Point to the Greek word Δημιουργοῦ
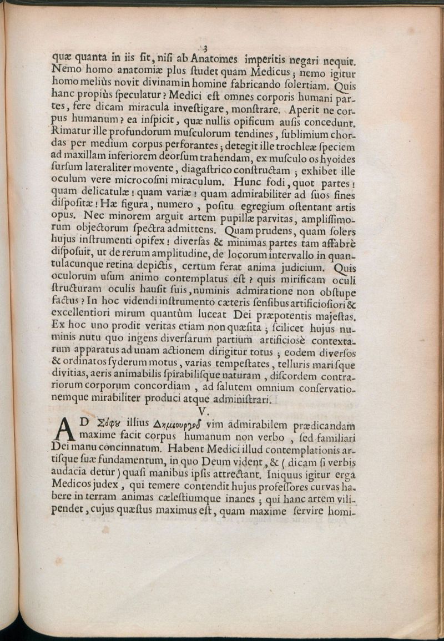[x=168, y=426]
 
